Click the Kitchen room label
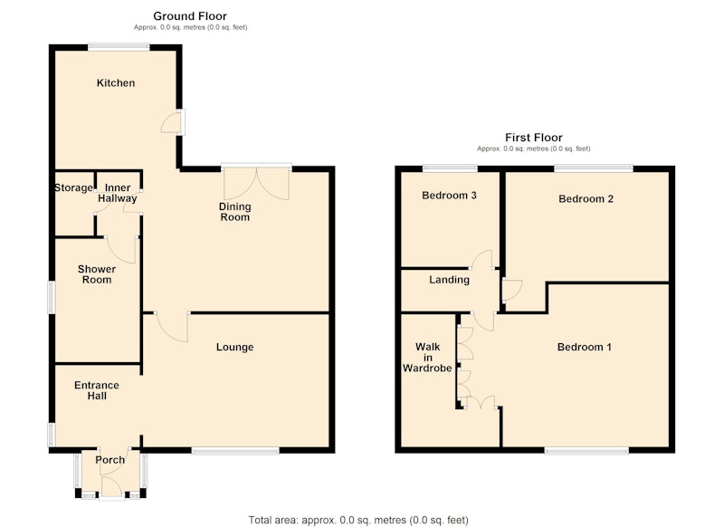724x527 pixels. click(x=116, y=83)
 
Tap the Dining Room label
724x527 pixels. click(x=235, y=212)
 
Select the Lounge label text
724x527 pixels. click(x=234, y=347)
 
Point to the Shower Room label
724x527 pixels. click(x=97, y=274)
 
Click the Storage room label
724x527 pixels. click(x=74, y=188)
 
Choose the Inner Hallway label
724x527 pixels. click(x=118, y=193)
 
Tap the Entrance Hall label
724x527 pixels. click(x=97, y=390)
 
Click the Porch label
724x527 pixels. click(x=110, y=460)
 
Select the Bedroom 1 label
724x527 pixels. click(x=584, y=347)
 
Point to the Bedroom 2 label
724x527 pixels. click(x=586, y=199)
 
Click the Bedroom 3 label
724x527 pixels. click(x=449, y=196)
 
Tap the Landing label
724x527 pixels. click(x=449, y=280)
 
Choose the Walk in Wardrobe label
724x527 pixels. click(x=427, y=357)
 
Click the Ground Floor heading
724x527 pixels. click(x=190, y=16)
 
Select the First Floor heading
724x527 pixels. click(x=534, y=138)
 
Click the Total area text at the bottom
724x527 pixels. click(x=358, y=520)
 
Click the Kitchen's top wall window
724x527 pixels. click(x=119, y=46)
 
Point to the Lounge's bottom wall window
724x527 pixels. click(x=235, y=450)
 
